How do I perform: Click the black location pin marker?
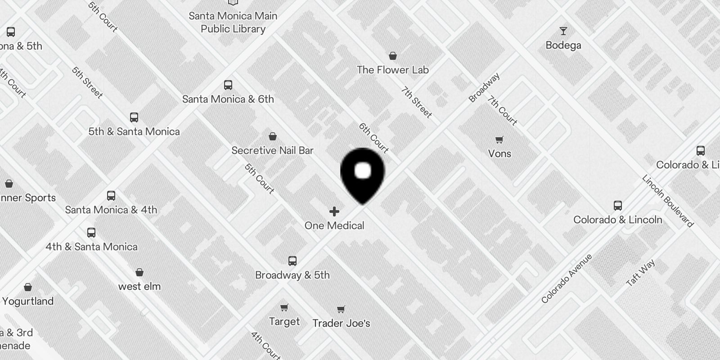coord(362,173)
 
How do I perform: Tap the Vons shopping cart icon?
coord(499,139)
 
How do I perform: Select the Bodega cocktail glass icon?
coord(563,31)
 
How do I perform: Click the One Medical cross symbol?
coord(334,211)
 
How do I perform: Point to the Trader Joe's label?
coord(341,323)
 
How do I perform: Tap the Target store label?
coord(284,321)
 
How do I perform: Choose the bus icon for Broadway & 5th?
coord(292,261)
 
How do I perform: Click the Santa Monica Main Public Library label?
coord(233,22)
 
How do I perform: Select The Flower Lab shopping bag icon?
coord(393,56)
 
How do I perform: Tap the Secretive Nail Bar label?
coord(272,150)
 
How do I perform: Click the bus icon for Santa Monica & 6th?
coord(228,85)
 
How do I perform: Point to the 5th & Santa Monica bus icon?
coord(134,117)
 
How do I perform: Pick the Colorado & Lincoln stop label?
coord(617,220)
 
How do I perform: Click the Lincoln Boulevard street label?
coord(667,200)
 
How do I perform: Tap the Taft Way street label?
coord(640,273)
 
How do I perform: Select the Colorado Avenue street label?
coord(567,278)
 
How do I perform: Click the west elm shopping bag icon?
coord(139,272)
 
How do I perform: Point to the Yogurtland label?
coord(28,301)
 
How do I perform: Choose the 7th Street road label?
coord(416,102)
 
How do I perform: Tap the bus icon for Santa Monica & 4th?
coord(111,196)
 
